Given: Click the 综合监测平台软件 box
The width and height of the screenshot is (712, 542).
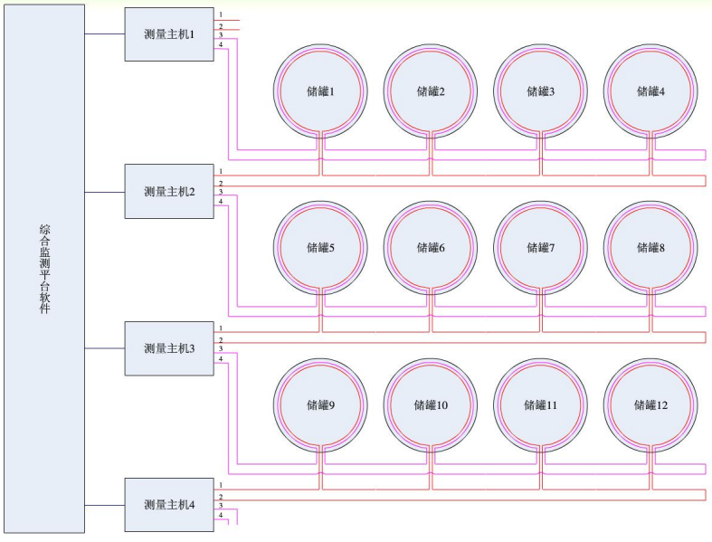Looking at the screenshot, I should (43, 269).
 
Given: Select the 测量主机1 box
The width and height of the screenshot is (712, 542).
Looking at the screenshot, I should (168, 34).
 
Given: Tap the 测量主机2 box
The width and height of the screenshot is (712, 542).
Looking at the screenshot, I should (168, 191).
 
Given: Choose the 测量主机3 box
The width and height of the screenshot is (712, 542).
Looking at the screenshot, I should (168, 348).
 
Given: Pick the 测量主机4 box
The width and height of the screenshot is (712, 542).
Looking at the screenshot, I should (168, 503).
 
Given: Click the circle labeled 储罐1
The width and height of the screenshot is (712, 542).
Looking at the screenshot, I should (320, 91).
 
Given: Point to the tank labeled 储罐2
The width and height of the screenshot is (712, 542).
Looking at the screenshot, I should (431, 91).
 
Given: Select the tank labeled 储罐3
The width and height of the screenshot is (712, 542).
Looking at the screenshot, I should (541, 91).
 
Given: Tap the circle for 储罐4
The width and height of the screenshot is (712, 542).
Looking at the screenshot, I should (650, 91).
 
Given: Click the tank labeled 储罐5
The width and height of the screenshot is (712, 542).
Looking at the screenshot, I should (320, 248).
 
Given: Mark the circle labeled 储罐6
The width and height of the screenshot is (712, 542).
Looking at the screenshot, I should (431, 248).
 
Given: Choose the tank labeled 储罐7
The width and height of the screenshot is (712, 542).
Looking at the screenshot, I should (541, 248).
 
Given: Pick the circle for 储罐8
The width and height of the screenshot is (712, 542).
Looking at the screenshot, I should (650, 248).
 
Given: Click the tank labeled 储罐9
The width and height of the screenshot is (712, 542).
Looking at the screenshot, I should (320, 405).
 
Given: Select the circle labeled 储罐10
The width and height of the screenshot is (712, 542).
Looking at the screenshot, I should (431, 405).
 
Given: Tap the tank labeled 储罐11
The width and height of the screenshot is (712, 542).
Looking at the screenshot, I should (541, 405).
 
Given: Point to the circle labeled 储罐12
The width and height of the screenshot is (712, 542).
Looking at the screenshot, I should (650, 405).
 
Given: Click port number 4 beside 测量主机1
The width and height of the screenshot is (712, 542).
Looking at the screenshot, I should (220, 45).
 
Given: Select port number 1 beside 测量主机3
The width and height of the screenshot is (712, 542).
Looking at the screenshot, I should (220, 327).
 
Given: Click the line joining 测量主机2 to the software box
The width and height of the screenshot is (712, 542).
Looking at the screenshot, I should (104, 192).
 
